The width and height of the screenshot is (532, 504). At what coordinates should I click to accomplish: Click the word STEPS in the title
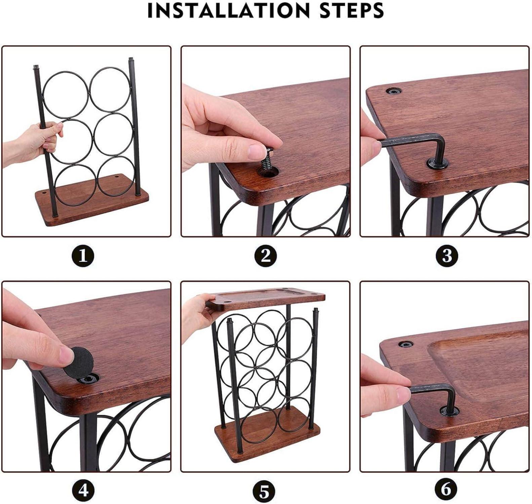[351, 11]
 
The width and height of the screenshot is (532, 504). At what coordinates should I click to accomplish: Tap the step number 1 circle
[83, 256]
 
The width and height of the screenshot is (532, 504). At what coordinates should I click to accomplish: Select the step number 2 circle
[266, 256]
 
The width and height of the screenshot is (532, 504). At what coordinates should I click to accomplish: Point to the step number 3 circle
[447, 256]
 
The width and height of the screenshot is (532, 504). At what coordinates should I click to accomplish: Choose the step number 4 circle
[83, 490]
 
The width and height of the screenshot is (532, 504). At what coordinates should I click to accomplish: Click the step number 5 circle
[265, 491]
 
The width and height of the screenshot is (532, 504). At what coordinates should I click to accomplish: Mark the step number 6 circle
[446, 489]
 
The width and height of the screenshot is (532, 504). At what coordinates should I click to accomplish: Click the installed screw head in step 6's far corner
[406, 344]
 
